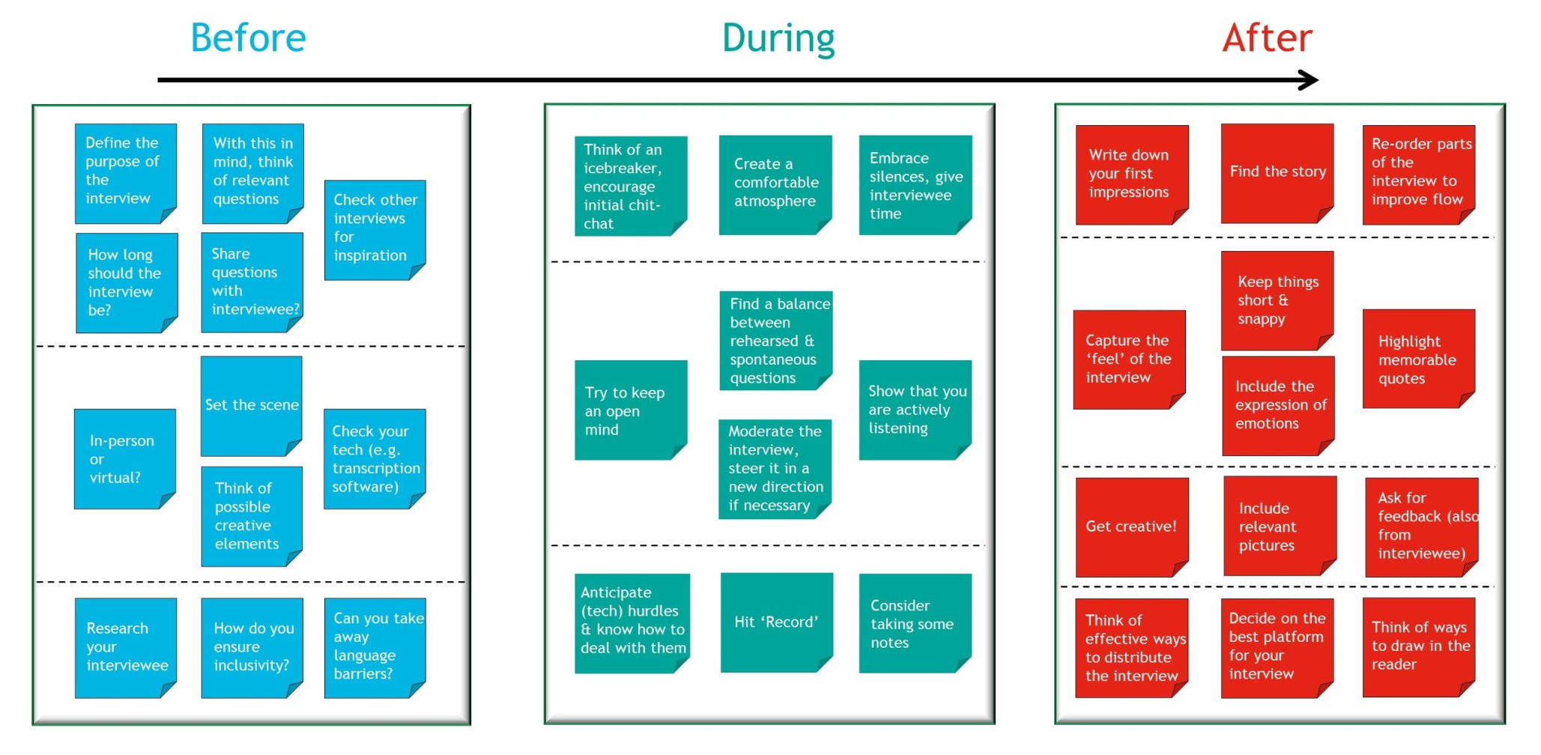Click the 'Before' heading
click(x=248, y=37)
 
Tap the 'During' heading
click(x=778, y=39)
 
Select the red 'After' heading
click(x=1268, y=37)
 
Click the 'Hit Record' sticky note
click(x=777, y=622)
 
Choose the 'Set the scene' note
click(x=252, y=406)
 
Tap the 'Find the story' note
click(x=1277, y=173)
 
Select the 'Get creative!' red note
click(x=1132, y=527)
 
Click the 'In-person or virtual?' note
click(x=125, y=459)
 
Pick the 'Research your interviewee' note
click(x=126, y=648)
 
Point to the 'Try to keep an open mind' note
click(x=631, y=410)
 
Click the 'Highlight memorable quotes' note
click(x=1419, y=359)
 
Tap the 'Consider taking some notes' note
click(x=915, y=623)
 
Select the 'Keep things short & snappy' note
click(x=1277, y=300)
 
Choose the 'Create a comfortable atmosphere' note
click(x=775, y=185)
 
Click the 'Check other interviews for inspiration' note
click(x=375, y=230)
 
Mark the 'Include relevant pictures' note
click(x=1280, y=526)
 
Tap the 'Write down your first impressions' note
click(x=1132, y=175)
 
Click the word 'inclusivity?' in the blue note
click(x=251, y=665)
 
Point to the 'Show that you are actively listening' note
click(x=915, y=410)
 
